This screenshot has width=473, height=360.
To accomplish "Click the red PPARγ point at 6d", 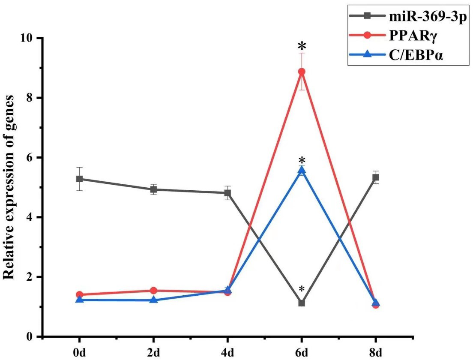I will (x=302, y=72).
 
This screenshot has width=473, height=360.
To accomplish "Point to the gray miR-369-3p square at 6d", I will (x=302, y=303).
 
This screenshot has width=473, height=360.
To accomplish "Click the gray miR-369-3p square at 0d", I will (x=79, y=179).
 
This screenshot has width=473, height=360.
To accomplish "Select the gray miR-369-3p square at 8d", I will (x=376, y=177).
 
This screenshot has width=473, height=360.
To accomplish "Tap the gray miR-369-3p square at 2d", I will (x=153, y=189).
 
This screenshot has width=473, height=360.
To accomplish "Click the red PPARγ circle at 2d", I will (x=153, y=291).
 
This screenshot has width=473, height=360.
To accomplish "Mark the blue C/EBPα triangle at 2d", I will (x=153, y=300).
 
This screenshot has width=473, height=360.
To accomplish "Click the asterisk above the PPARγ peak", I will (x=302, y=46).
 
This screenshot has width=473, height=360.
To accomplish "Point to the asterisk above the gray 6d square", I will (x=302, y=289).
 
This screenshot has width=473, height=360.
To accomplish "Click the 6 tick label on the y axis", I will (x=31, y=158).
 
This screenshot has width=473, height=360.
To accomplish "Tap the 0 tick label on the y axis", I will (x=31, y=337).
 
